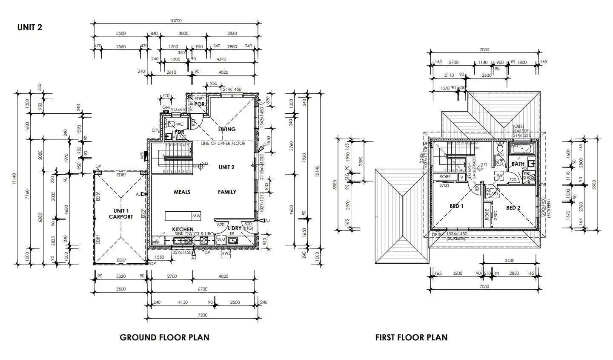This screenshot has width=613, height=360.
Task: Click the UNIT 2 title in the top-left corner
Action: tap(29, 27)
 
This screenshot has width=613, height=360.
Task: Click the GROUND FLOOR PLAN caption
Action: tap(164, 337)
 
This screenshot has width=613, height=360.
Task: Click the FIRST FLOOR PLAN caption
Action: tap(411, 337)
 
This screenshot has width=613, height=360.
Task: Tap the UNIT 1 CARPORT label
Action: tap(121, 214)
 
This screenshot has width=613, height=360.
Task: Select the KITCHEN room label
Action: tap(183, 230)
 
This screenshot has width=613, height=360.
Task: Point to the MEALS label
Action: tap(182, 192)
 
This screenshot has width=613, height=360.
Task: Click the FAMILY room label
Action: tap(227, 192)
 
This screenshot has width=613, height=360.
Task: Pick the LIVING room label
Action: tap(226, 130)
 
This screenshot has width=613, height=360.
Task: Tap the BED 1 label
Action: tap(456, 206)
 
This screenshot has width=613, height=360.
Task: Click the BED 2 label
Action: tap(513, 208)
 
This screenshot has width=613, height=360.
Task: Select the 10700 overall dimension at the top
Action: tap(176, 20)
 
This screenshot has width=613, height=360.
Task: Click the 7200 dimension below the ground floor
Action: tap(203, 315)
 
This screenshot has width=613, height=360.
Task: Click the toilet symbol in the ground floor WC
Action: tap(169, 124)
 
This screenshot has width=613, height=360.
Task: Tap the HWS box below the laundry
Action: tap(226, 254)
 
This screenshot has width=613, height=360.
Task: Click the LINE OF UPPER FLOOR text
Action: tap(223, 143)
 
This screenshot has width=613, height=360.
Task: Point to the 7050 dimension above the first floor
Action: tap(484, 50)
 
